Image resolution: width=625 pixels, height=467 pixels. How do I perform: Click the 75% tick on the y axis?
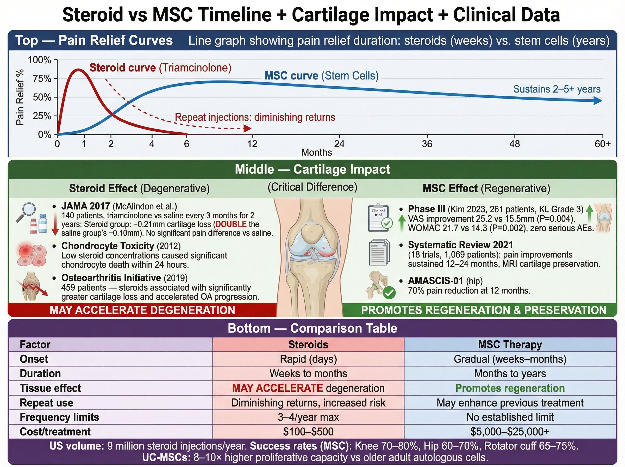click(42, 79)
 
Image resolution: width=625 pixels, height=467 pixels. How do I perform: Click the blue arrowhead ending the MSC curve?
click(598, 101)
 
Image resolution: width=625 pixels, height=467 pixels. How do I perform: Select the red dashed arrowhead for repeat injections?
click(247, 129)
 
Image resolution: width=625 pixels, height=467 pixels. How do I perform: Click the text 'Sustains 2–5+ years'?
click(556, 89)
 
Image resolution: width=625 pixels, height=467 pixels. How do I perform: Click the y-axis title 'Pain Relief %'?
click(20, 97)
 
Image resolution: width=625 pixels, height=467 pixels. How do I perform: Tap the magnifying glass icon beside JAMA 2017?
click(25, 212)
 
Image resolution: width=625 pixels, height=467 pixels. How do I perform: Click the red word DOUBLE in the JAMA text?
click(231, 224)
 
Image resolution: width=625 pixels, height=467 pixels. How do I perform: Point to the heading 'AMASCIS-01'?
click(435, 281)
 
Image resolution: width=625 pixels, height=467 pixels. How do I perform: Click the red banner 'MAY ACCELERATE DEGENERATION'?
click(142, 310)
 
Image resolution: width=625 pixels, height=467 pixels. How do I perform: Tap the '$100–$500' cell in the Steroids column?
click(308, 432)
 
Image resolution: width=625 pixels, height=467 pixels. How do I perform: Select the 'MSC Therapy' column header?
click(510, 345)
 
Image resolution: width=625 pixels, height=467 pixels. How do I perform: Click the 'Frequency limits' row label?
click(59, 417)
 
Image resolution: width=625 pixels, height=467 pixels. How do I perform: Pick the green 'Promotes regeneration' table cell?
click(510, 388)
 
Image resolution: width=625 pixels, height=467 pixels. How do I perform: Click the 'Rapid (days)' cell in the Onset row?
click(308, 359)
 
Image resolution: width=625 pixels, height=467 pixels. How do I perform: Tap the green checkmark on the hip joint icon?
click(389, 293)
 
